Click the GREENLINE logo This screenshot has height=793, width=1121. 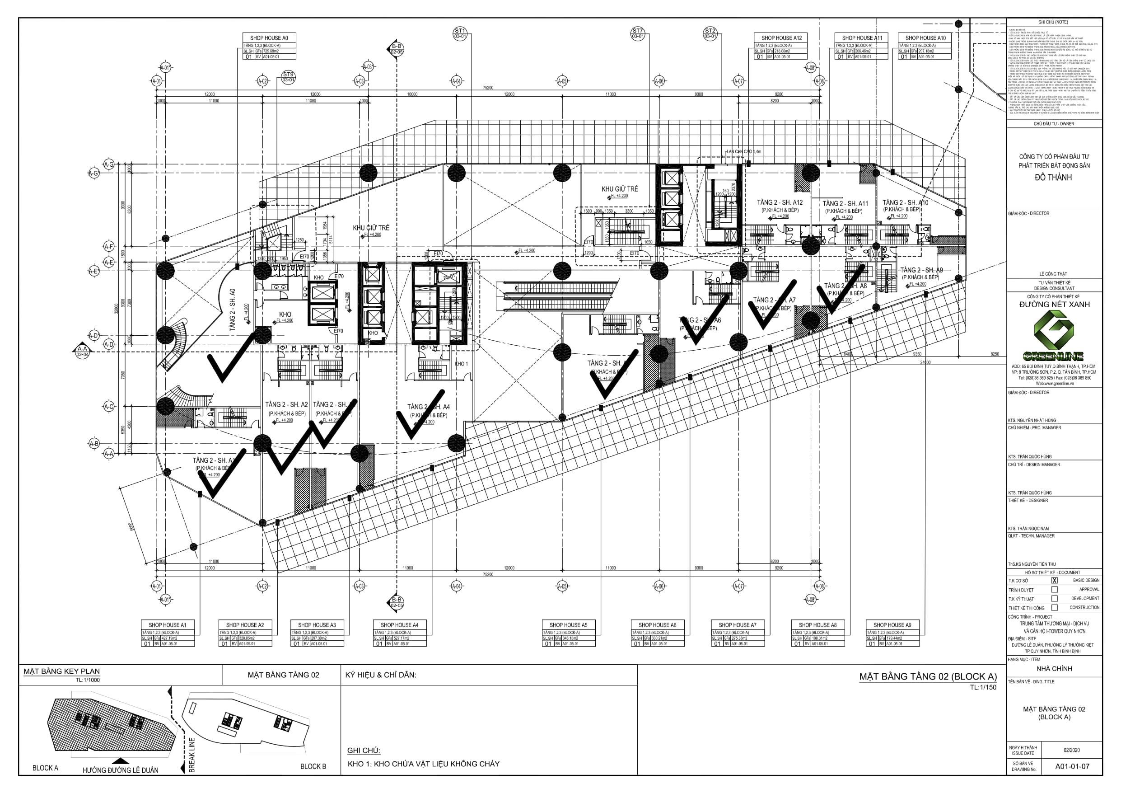(x=1054, y=337)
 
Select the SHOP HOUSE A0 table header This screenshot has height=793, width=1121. (x=269, y=38)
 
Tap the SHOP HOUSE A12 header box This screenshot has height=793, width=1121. (x=781, y=38)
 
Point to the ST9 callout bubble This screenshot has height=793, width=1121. (x=288, y=77)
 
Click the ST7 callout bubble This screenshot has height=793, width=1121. (x=638, y=33)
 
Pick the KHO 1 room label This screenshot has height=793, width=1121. (x=461, y=364)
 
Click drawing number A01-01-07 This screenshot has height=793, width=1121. (x=1072, y=766)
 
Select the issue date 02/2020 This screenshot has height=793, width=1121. (x=1072, y=750)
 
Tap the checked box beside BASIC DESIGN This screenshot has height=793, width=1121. (x=1055, y=581)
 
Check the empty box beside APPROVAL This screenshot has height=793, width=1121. (x=1055, y=589)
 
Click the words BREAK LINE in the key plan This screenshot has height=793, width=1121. (x=192, y=755)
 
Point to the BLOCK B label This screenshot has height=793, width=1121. (x=313, y=767)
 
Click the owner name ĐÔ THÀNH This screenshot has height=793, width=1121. (x=1054, y=178)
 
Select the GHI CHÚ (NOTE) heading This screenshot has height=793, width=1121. (x=1053, y=23)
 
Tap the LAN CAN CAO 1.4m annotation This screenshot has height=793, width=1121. (x=743, y=151)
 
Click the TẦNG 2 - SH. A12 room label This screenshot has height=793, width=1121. (x=780, y=202)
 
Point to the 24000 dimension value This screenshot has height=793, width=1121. (x=925, y=362)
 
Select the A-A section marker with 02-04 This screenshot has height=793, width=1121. (x=82, y=351)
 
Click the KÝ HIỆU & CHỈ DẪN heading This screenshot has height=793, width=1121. (x=380, y=675)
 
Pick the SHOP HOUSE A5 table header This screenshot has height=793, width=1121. (x=568, y=625)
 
